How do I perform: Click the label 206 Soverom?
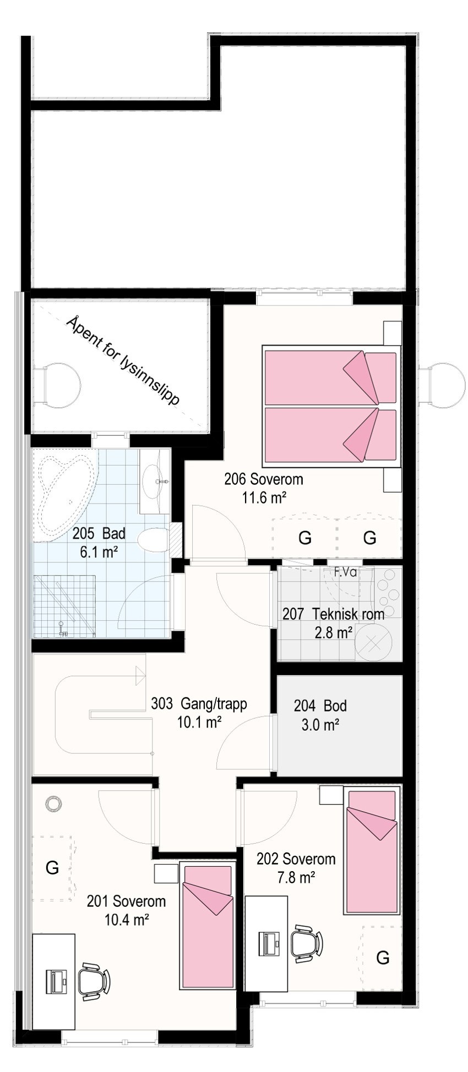coord(263,479)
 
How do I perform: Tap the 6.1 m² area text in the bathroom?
coord(100,552)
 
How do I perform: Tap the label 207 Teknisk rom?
coord(333,614)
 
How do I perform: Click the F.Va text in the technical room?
coord(345,572)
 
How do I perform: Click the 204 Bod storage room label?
coord(320,705)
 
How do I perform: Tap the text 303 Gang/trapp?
coord(199,704)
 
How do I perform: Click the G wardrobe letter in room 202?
coord(382,958)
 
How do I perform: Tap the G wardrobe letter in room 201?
coord(52,868)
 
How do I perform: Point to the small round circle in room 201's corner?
coord(53,803)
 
